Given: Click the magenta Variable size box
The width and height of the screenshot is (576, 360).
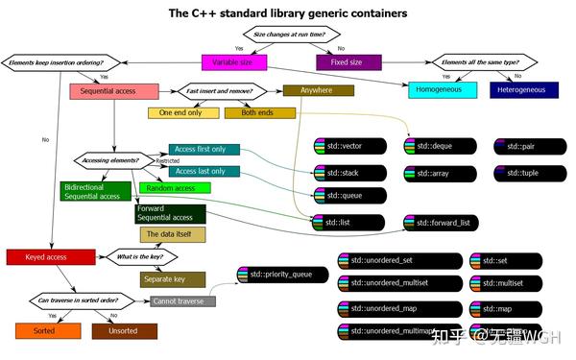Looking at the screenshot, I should [233, 63].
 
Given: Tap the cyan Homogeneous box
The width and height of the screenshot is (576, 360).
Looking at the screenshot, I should [443, 90].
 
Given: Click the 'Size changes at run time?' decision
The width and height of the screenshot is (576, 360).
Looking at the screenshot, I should [287, 35].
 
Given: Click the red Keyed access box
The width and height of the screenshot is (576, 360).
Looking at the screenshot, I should [51, 256].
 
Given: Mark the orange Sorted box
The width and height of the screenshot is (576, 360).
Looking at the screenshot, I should [41, 330].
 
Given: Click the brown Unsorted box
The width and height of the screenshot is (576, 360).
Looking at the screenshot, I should [124, 330].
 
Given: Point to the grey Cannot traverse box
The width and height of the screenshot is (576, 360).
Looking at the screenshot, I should [183, 301].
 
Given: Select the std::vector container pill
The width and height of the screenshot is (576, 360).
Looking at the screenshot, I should [349, 147].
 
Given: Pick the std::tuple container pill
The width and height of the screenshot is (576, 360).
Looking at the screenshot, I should [531, 172].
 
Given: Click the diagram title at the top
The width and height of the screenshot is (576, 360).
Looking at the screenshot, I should [288, 13].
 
